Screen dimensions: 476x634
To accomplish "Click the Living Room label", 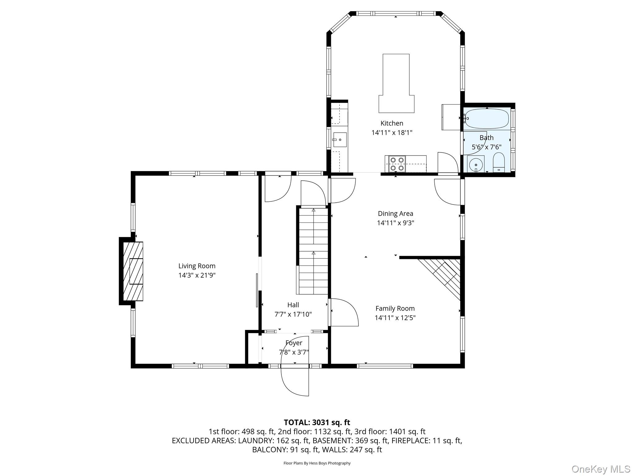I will coord(197,266).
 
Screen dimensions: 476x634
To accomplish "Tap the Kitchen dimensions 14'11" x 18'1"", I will coord(392,133).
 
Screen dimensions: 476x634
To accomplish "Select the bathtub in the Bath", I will coord(487,119).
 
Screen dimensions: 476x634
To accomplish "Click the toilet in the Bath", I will coord(498,162).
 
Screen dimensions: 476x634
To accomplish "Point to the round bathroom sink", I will coord(475,164).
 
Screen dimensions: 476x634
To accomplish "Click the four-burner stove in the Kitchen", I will coord(397,164).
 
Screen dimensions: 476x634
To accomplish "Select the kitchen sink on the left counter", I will coord(340,140).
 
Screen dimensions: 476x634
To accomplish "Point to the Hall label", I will coord(293,305).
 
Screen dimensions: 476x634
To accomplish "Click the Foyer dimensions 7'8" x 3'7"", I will coord(294,352).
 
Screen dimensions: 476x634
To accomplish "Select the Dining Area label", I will coord(395,214).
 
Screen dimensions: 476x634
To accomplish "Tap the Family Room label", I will coord(395,308).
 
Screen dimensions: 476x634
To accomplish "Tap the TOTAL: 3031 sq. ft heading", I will coord(317,422).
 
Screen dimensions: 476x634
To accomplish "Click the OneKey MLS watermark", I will coord(601,469).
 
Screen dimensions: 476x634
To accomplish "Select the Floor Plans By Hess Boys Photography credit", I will coord(317,463).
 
